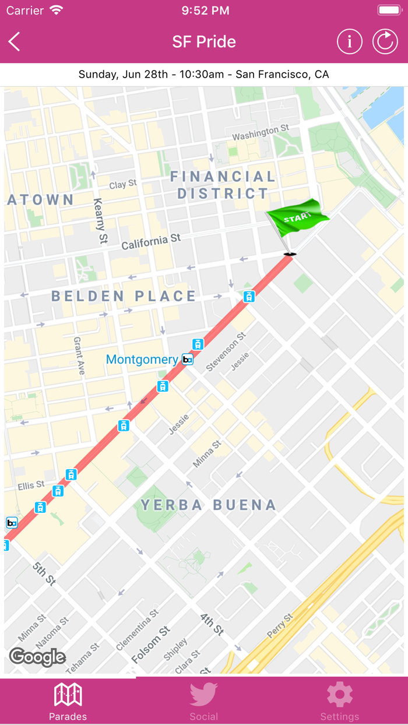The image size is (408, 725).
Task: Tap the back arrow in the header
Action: point(15,42)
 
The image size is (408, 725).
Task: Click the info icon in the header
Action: point(350,42)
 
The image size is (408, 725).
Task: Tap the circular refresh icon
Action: point(385,42)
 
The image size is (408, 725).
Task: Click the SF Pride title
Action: point(204,42)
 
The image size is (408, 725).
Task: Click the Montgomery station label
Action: point(142,360)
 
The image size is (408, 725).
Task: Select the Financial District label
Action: point(223,185)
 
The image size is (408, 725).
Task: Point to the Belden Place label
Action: point(124,296)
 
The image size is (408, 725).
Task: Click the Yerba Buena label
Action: point(208,505)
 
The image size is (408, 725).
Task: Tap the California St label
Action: point(151,242)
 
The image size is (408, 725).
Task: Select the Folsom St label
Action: point(150,644)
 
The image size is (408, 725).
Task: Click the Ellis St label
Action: point(31,485)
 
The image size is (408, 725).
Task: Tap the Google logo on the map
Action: point(37,657)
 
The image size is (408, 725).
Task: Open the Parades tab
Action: point(68,702)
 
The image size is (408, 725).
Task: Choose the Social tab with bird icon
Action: point(203,702)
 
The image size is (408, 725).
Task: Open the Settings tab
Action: point(339,702)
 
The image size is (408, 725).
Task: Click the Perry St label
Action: point(280,625)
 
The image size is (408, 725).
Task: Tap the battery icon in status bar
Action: point(389,10)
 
